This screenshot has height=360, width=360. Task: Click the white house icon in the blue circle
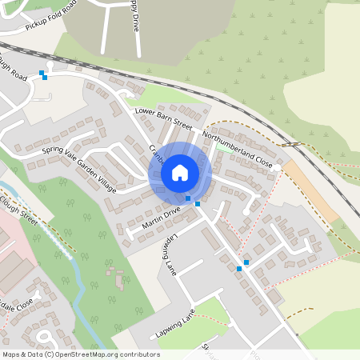(x=180, y=173)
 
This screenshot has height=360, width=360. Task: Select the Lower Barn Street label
(x=163, y=118)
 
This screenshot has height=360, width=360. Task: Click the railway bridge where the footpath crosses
(x=295, y=144)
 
